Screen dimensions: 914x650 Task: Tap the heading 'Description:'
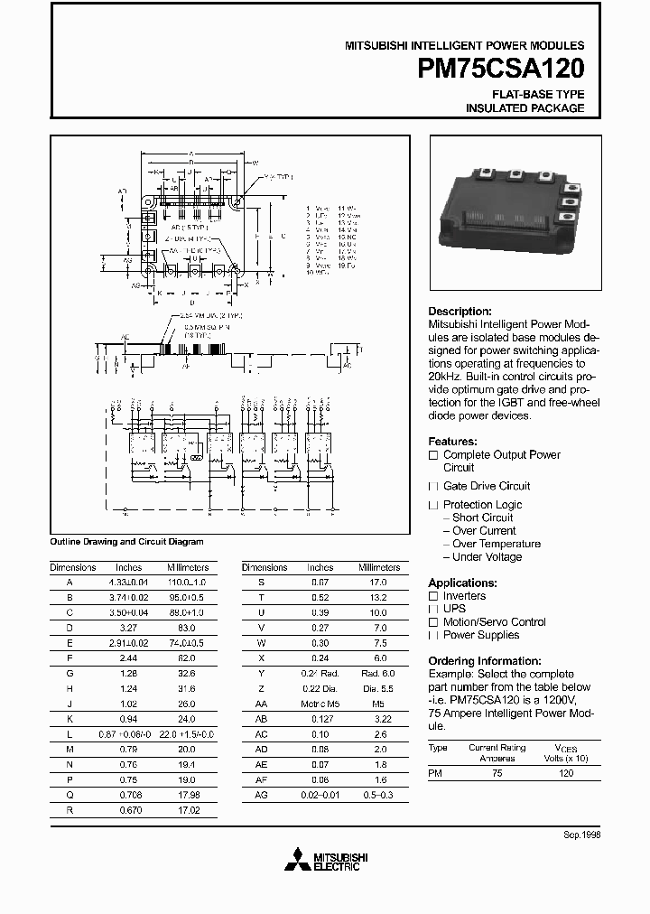(460, 312)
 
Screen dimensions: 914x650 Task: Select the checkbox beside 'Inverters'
(433, 596)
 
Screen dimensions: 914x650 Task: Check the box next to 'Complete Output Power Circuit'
(433, 455)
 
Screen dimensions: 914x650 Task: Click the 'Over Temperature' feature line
(496, 544)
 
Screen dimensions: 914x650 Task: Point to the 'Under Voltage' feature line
(487, 557)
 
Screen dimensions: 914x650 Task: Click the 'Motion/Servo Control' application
(494, 622)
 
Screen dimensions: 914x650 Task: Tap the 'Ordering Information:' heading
(484, 661)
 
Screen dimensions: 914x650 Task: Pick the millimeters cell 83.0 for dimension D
(187, 627)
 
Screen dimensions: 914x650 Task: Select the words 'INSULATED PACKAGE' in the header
(525, 108)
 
